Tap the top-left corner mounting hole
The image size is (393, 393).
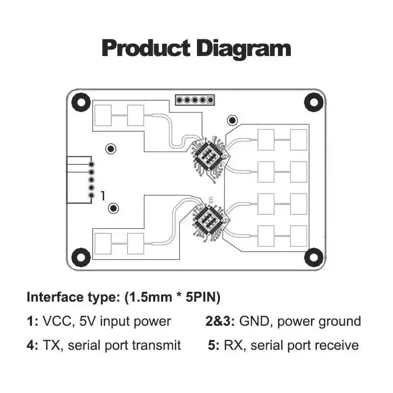81,102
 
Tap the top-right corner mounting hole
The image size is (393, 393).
313,102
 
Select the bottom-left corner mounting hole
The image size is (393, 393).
81,256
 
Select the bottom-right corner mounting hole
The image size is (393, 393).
313,256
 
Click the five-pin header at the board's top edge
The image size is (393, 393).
195,100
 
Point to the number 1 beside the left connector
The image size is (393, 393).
103,196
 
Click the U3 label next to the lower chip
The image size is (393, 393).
211,200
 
